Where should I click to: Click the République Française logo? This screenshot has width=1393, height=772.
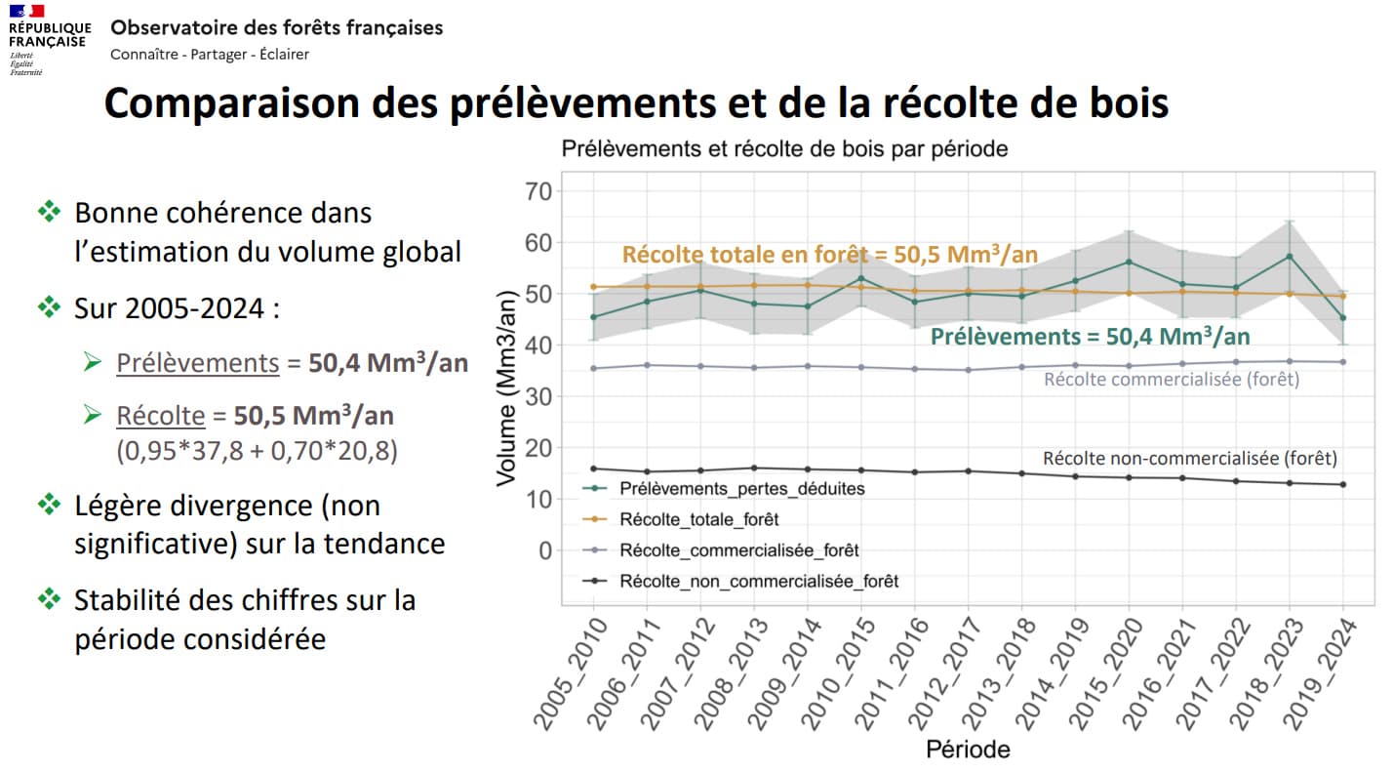point(49,38)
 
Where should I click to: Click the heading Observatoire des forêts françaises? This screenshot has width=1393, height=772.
point(277,27)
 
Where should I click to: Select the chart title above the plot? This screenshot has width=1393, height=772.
point(784,149)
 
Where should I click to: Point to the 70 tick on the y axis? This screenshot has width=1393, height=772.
point(537,191)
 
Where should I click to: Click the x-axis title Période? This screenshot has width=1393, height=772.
point(968,750)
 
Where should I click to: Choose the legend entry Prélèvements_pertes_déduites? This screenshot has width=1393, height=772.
point(741,488)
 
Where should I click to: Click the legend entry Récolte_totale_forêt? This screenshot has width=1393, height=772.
point(698,519)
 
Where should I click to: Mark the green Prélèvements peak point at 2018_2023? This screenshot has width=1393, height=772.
point(1290,257)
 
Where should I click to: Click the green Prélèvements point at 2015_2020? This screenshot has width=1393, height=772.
point(1129,262)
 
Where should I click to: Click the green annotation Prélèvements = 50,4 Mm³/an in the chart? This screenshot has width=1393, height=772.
point(1090,337)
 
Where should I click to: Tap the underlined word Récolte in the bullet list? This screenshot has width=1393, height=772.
point(161,416)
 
